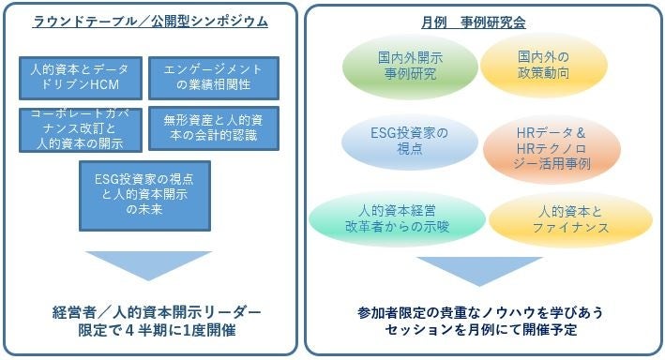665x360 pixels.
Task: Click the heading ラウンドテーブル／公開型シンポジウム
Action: (x=150, y=22)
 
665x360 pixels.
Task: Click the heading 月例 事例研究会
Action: (x=474, y=22)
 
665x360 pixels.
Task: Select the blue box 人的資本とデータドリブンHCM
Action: (x=81, y=78)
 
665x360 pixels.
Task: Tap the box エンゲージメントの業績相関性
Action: (x=214, y=78)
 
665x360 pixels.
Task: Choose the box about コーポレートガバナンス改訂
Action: (x=81, y=129)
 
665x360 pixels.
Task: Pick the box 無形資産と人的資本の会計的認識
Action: (x=214, y=128)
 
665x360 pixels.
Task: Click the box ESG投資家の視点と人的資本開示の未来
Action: (x=144, y=196)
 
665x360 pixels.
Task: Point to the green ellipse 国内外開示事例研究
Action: (x=410, y=67)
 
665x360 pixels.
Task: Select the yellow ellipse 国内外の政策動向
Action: (x=544, y=66)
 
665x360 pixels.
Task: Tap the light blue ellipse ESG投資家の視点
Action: (x=410, y=142)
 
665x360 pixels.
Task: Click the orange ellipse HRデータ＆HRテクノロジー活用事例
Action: (x=552, y=149)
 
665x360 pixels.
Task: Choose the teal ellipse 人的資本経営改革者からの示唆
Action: (x=397, y=218)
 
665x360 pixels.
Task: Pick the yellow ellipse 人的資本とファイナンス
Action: (x=570, y=219)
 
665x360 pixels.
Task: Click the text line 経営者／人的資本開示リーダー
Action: (x=157, y=312)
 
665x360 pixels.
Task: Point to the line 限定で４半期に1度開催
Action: (x=157, y=330)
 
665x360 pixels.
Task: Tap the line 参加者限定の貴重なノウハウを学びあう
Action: (x=479, y=313)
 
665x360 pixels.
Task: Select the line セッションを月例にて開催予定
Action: (x=481, y=330)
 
